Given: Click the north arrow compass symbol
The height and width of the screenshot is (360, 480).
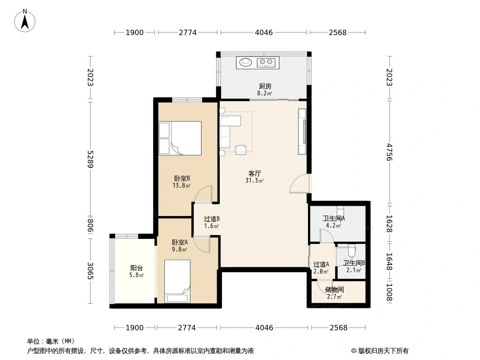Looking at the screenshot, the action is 25,21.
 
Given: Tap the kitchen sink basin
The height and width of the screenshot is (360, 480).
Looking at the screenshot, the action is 245,62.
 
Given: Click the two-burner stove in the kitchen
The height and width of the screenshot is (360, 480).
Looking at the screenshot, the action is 266,63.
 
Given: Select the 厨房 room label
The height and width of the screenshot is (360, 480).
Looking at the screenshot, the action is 265,86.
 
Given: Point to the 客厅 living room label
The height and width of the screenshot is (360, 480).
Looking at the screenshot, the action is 255,173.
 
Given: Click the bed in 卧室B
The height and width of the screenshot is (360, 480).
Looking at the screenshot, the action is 180,138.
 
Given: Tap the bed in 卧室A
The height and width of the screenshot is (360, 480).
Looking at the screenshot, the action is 177,281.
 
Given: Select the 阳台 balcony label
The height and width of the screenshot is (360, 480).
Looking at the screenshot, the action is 136,268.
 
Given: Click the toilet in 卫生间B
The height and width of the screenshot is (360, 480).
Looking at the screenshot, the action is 351,251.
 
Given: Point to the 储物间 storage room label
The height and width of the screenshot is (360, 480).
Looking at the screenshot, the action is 334,289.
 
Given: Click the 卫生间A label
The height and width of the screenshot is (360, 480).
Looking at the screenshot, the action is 334,218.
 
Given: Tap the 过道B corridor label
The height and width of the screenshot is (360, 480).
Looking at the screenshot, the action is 212,219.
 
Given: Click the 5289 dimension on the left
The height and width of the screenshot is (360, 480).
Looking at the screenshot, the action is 91,159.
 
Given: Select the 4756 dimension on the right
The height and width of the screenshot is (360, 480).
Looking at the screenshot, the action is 389,152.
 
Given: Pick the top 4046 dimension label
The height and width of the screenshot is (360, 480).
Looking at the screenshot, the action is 264,32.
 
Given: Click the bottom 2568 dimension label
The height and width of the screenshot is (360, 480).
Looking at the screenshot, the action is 339,328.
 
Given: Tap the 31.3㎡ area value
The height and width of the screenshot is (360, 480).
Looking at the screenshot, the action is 254,181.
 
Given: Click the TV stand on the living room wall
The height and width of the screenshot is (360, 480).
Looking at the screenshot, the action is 302,131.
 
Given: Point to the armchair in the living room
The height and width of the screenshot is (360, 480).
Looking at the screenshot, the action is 240,149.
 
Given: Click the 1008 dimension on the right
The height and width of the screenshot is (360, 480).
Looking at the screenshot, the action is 389,292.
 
